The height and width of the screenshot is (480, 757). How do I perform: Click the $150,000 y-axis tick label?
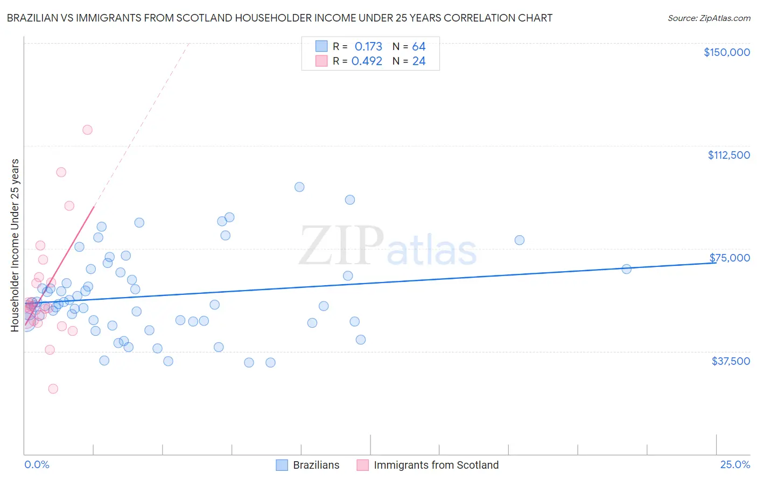726,52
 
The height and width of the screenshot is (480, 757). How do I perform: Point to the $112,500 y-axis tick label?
728,155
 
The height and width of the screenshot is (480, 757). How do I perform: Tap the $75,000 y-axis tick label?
730,258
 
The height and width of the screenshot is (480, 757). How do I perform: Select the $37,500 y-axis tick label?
731,361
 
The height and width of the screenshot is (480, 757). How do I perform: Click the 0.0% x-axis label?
37,465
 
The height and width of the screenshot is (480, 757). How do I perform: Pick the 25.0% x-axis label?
735,465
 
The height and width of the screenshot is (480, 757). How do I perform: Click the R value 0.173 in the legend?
368,47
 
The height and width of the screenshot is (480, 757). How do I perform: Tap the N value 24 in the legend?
419,61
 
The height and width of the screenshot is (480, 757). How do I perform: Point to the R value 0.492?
367,61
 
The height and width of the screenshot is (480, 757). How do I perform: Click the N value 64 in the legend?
419,47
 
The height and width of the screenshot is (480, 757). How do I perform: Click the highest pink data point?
87,130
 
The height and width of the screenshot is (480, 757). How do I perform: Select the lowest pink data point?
53,389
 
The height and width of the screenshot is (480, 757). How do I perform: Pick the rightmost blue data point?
626,269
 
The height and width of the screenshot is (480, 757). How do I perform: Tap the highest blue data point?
299,187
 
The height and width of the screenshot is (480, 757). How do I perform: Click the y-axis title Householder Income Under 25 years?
15,245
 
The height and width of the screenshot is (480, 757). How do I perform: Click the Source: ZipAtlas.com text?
709,18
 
